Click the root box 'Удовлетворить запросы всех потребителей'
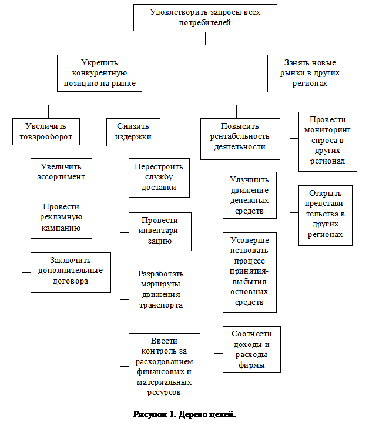point(205,18)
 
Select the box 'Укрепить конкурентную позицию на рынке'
point(99,74)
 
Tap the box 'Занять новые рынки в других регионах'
point(310,74)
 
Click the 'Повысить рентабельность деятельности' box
point(239,137)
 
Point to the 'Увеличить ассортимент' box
point(61,171)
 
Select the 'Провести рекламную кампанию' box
point(61,218)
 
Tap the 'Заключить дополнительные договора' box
point(71,272)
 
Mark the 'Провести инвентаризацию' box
point(160,231)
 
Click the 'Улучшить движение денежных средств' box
point(249,195)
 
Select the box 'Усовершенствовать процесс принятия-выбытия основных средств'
point(249,272)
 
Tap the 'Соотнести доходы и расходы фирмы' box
point(251,349)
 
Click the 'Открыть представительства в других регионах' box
point(325,215)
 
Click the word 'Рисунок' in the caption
point(150,415)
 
